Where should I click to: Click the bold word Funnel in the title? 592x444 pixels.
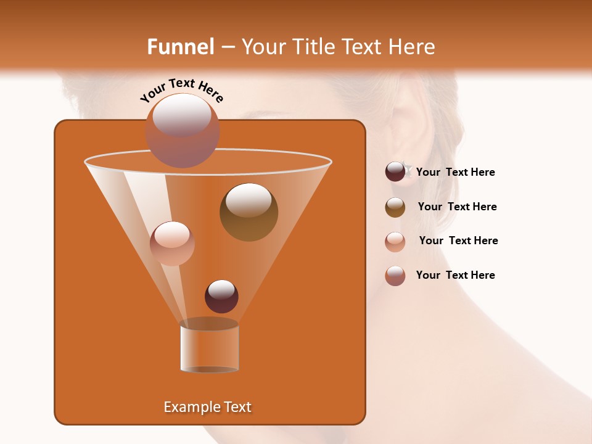(180, 47)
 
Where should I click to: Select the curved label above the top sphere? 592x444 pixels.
(182, 89)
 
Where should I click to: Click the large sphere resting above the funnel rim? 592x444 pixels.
(182, 131)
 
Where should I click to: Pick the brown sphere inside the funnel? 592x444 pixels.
(249, 212)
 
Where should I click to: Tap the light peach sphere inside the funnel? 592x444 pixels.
(172, 243)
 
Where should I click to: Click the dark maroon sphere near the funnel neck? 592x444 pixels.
(221, 296)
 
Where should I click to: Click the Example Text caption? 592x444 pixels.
(208, 407)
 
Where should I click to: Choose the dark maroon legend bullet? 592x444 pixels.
(395, 172)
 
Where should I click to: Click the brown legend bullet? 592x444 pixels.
(395, 207)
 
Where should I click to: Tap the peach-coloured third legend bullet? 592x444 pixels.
(395, 241)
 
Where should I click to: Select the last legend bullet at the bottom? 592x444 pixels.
(395, 276)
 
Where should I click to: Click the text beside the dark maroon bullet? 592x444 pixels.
(455, 173)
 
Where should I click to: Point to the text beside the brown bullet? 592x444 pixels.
(457, 207)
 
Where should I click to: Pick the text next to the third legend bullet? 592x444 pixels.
(458, 241)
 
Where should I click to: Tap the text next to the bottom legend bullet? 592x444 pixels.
(455, 276)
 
